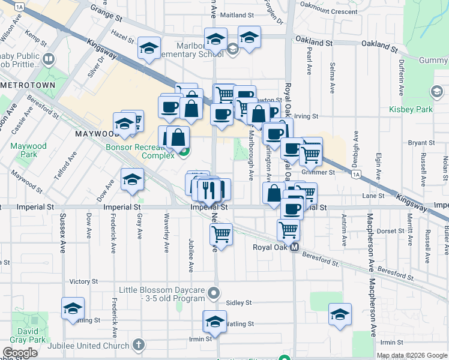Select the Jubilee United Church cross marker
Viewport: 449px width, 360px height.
coord(139,345)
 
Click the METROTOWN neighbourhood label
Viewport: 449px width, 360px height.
coord(28,86)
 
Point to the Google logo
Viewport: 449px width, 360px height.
coord(20,353)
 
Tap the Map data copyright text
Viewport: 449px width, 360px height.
coord(412,355)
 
